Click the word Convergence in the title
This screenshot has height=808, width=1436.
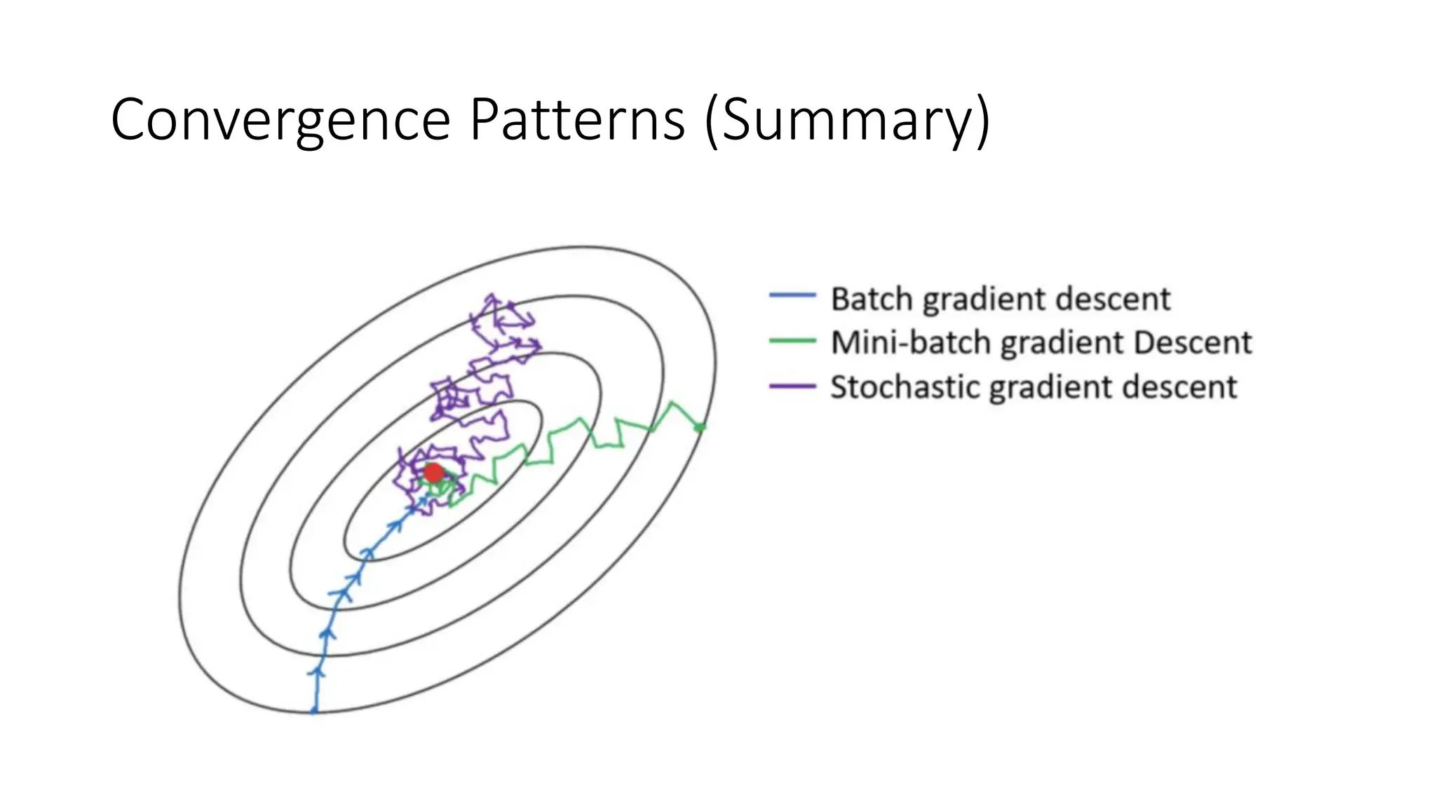tap(280, 121)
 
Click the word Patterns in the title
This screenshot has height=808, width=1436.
tap(576, 121)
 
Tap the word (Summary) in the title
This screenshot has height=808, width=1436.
tap(848, 121)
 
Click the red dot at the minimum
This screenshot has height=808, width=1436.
tap(434, 473)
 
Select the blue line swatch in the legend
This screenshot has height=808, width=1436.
tap(792, 295)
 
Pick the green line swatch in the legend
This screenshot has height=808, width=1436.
tap(792, 341)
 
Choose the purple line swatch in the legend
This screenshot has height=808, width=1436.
tap(792, 386)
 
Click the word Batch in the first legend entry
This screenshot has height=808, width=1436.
tap(873, 299)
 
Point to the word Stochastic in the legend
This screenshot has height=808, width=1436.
tap(905, 387)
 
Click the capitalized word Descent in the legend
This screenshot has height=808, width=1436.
tap(1192, 343)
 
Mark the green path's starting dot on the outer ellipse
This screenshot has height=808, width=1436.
tap(700, 426)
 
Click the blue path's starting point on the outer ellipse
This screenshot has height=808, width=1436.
tap(314, 711)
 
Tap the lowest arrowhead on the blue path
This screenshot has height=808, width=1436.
tap(318, 672)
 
